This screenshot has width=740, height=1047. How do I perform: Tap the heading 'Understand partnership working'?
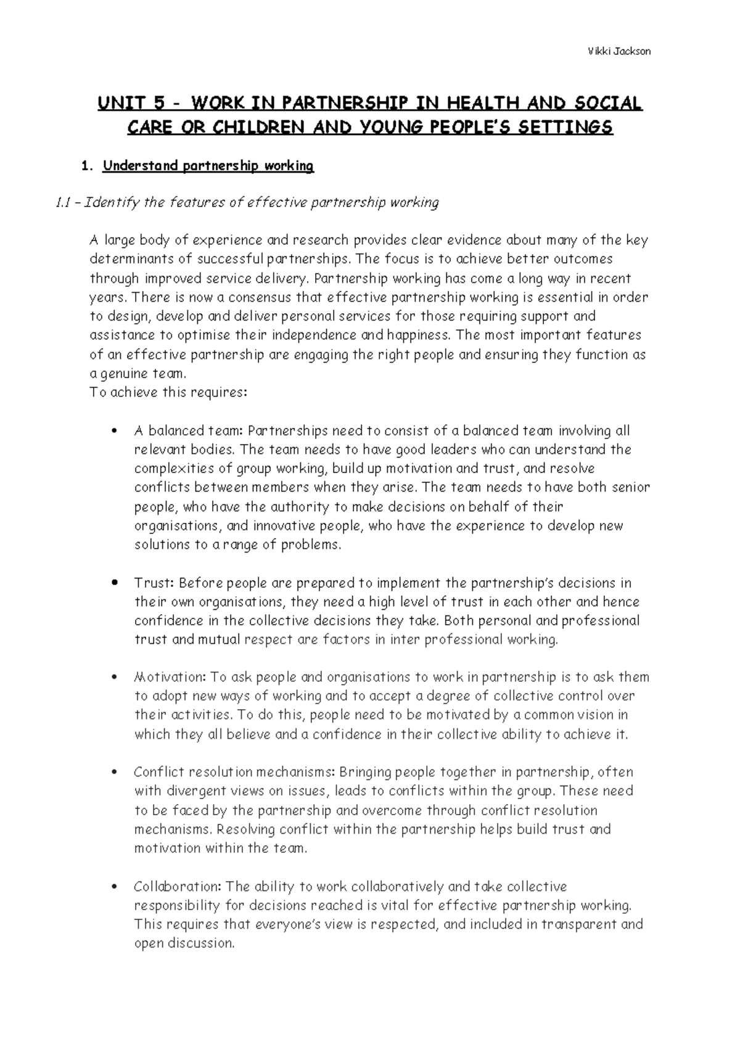click(208, 166)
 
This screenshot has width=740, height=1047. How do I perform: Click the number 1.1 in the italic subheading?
click(64, 203)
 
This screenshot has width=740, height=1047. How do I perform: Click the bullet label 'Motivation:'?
click(170, 678)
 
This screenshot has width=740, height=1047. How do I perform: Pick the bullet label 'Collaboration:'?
click(178, 887)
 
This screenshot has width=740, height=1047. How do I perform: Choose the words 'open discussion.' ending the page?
click(184, 944)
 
